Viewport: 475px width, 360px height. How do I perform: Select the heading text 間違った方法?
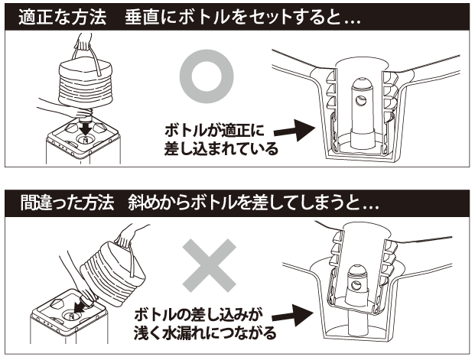point(60,204)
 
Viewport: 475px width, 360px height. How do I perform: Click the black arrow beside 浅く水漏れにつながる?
point(294,314)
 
